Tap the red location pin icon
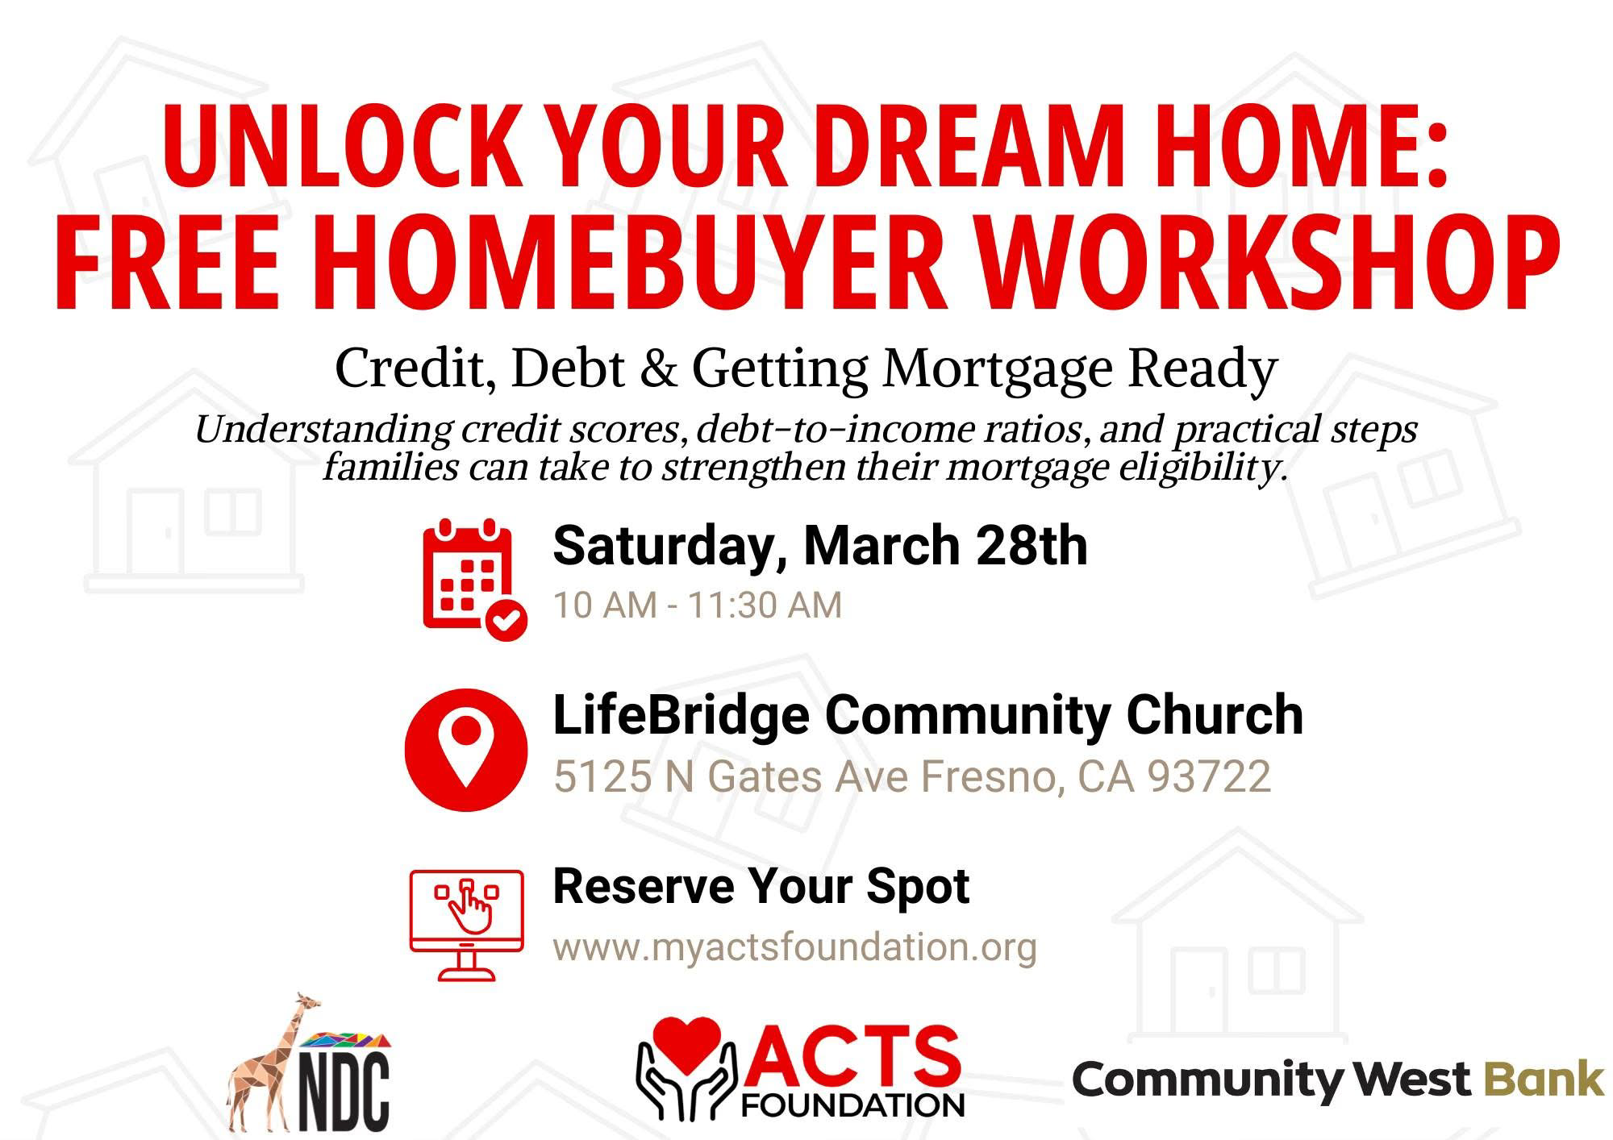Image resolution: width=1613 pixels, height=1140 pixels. point(465,749)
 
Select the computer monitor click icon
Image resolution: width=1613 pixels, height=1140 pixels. point(466,923)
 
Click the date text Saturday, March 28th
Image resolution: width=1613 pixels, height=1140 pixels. point(819,547)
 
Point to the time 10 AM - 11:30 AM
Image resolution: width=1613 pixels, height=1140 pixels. point(697,605)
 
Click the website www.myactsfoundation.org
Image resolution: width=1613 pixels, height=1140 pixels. point(794,947)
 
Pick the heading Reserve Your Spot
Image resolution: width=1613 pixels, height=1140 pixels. point(761,887)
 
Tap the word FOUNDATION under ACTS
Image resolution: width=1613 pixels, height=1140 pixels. point(852,1102)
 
